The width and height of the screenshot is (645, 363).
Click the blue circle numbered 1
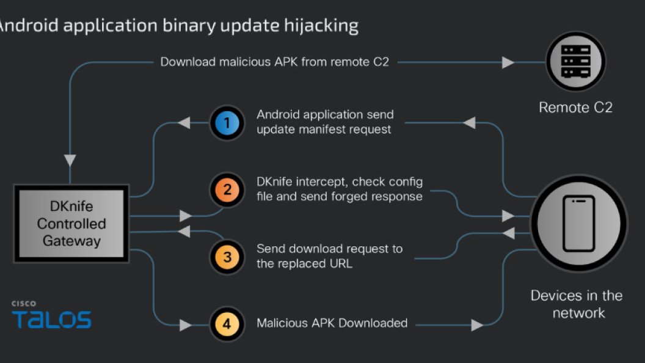pyautogui.click(x=227, y=123)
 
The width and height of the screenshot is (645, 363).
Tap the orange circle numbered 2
pyautogui.click(x=227, y=189)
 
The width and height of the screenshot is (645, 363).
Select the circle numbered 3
pyautogui.click(x=227, y=257)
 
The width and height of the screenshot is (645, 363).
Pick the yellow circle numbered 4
pyautogui.click(x=227, y=324)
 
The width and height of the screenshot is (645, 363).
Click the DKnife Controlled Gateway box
pyautogui.click(x=71, y=224)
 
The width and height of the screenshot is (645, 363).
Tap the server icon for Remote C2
pyautogui.click(x=575, y=62)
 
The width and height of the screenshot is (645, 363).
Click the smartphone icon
pyautogui.click(x=578, y=223)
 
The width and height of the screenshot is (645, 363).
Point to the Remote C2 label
pyautogui.click(x=575, y=108)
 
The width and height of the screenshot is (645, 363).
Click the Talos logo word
pyautogui.click(x=51, y=320)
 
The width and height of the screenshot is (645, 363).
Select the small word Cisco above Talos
pyautogui.click(x=24, y=303)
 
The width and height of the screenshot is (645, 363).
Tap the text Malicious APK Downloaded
pyautogui.click(x=332, y=323)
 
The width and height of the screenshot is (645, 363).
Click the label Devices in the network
pyautogui.click(x=576, y=304)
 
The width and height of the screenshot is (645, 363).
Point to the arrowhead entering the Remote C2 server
pyautogui.click(x=508, y=62)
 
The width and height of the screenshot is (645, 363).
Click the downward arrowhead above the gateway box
pyautogui.click(x=70, y=161)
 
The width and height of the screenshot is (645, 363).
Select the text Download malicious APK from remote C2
pyautogui.click(x=274, y=62)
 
